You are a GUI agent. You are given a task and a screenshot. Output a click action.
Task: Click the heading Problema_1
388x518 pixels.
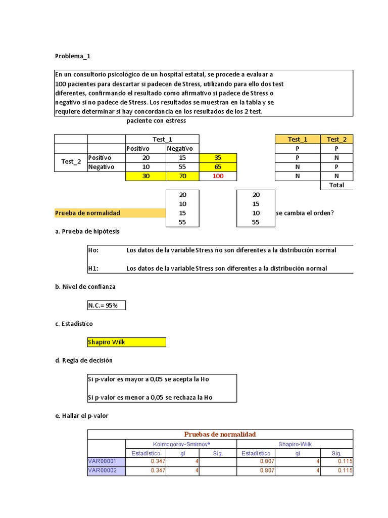(x=72, y=56)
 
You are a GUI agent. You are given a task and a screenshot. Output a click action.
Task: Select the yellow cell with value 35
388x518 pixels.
(x=218, y=158)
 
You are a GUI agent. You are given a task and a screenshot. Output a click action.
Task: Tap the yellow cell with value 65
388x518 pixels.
(x=218, y=167)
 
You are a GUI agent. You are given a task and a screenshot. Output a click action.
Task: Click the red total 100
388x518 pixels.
(x=218, y=176)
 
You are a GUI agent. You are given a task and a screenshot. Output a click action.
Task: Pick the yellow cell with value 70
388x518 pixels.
(x=182, y=176)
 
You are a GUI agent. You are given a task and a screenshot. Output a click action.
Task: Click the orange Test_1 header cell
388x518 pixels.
(x=297, y=140)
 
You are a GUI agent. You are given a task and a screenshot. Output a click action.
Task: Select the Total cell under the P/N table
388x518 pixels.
(x=336, y=185)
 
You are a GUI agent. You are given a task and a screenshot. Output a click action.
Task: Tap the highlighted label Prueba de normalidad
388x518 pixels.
(x=87, y=213)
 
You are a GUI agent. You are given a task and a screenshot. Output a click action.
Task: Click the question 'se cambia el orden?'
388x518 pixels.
(x=305, y=213)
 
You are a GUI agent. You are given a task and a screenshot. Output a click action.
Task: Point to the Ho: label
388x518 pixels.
(x=93, y=250)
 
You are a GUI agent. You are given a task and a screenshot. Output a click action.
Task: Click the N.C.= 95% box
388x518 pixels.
(x=106, y=305)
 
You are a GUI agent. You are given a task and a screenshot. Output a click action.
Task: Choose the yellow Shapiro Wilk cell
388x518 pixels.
(x=126, y=342)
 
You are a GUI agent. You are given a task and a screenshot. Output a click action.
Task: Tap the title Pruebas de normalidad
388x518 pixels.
(x=220, y=434)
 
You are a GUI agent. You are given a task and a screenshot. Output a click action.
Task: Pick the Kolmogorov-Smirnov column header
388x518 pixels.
(x=182, y=444)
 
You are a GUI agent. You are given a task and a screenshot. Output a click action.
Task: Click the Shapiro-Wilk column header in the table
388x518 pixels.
(x=296, y=444)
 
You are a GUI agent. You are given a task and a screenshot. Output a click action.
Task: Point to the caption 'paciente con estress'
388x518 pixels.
(x=156, y=121)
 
